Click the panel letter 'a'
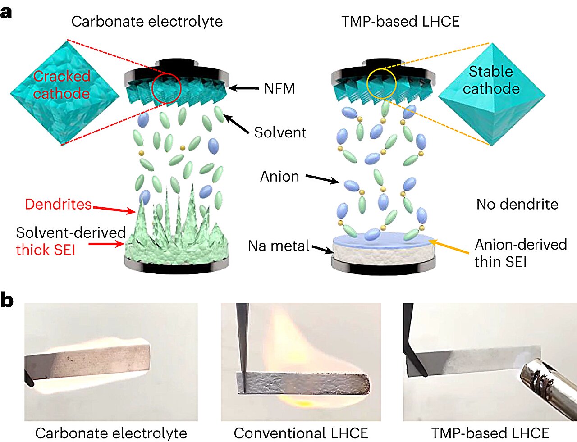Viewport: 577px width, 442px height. click(6, 12)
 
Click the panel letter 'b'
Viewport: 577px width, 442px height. click(7, 301)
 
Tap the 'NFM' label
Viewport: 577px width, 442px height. click(279, 89)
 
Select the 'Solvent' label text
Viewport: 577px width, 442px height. click(280, 132)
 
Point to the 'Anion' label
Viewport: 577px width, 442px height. click(279, 177)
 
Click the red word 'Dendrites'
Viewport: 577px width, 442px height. click(58, 204)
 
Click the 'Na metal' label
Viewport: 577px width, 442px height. click(279, 246)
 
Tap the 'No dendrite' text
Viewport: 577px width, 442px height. click(517, 205)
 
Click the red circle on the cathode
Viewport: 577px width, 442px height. click(166, 87)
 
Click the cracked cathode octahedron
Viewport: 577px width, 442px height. click(64, 93)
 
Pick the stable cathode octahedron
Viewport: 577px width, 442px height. click(491, 95)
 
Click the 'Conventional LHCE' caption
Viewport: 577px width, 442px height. click(301, 433)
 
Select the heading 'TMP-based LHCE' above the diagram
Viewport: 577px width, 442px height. click(400, 22)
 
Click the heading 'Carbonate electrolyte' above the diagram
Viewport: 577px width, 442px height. click(147, 22)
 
